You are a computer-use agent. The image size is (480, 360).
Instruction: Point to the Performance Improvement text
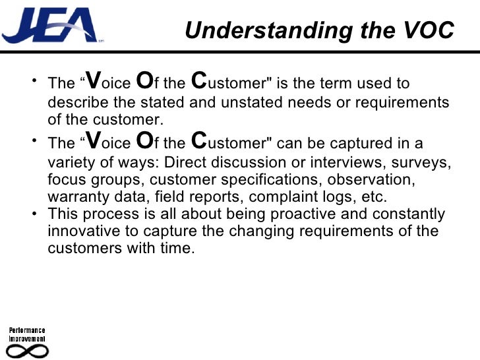(x=26, y=334)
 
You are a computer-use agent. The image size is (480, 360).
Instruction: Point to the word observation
(x=375, y=179)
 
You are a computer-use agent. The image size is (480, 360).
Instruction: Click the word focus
(x=66, y=179)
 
